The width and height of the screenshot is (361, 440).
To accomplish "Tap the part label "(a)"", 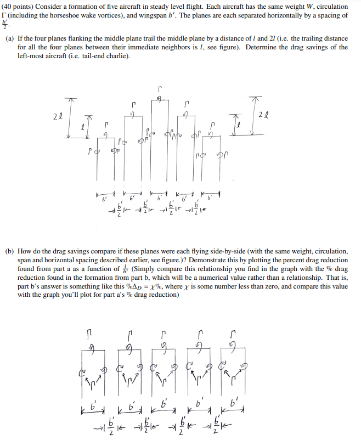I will [10, 38].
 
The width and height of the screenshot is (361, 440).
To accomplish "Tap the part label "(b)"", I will [10, 251].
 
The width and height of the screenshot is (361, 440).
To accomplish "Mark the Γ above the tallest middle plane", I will [159, 88].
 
